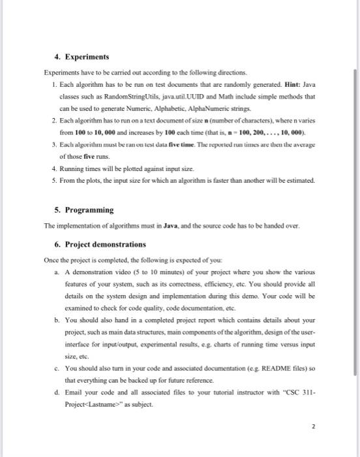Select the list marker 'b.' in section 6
(59, 320)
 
